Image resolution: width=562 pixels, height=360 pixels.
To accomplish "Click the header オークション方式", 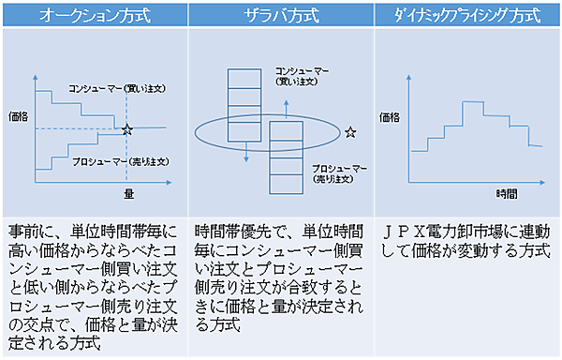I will pos(95,15).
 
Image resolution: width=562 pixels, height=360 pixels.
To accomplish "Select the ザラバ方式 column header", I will pos(282,15).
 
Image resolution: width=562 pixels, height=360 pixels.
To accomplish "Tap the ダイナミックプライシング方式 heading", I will pos(467,15).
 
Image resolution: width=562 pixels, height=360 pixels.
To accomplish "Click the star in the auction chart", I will pos(127,127).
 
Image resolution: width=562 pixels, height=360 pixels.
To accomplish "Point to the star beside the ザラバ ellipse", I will pos(349,132).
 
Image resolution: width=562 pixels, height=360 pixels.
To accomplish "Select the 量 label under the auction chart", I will pos(128,193).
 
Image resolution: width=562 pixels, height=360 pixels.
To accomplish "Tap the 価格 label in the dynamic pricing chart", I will pos(392,118).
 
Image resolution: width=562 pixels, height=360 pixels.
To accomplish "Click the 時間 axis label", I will pos(507,193).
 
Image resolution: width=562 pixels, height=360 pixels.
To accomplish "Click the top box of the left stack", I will pos(244,77).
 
